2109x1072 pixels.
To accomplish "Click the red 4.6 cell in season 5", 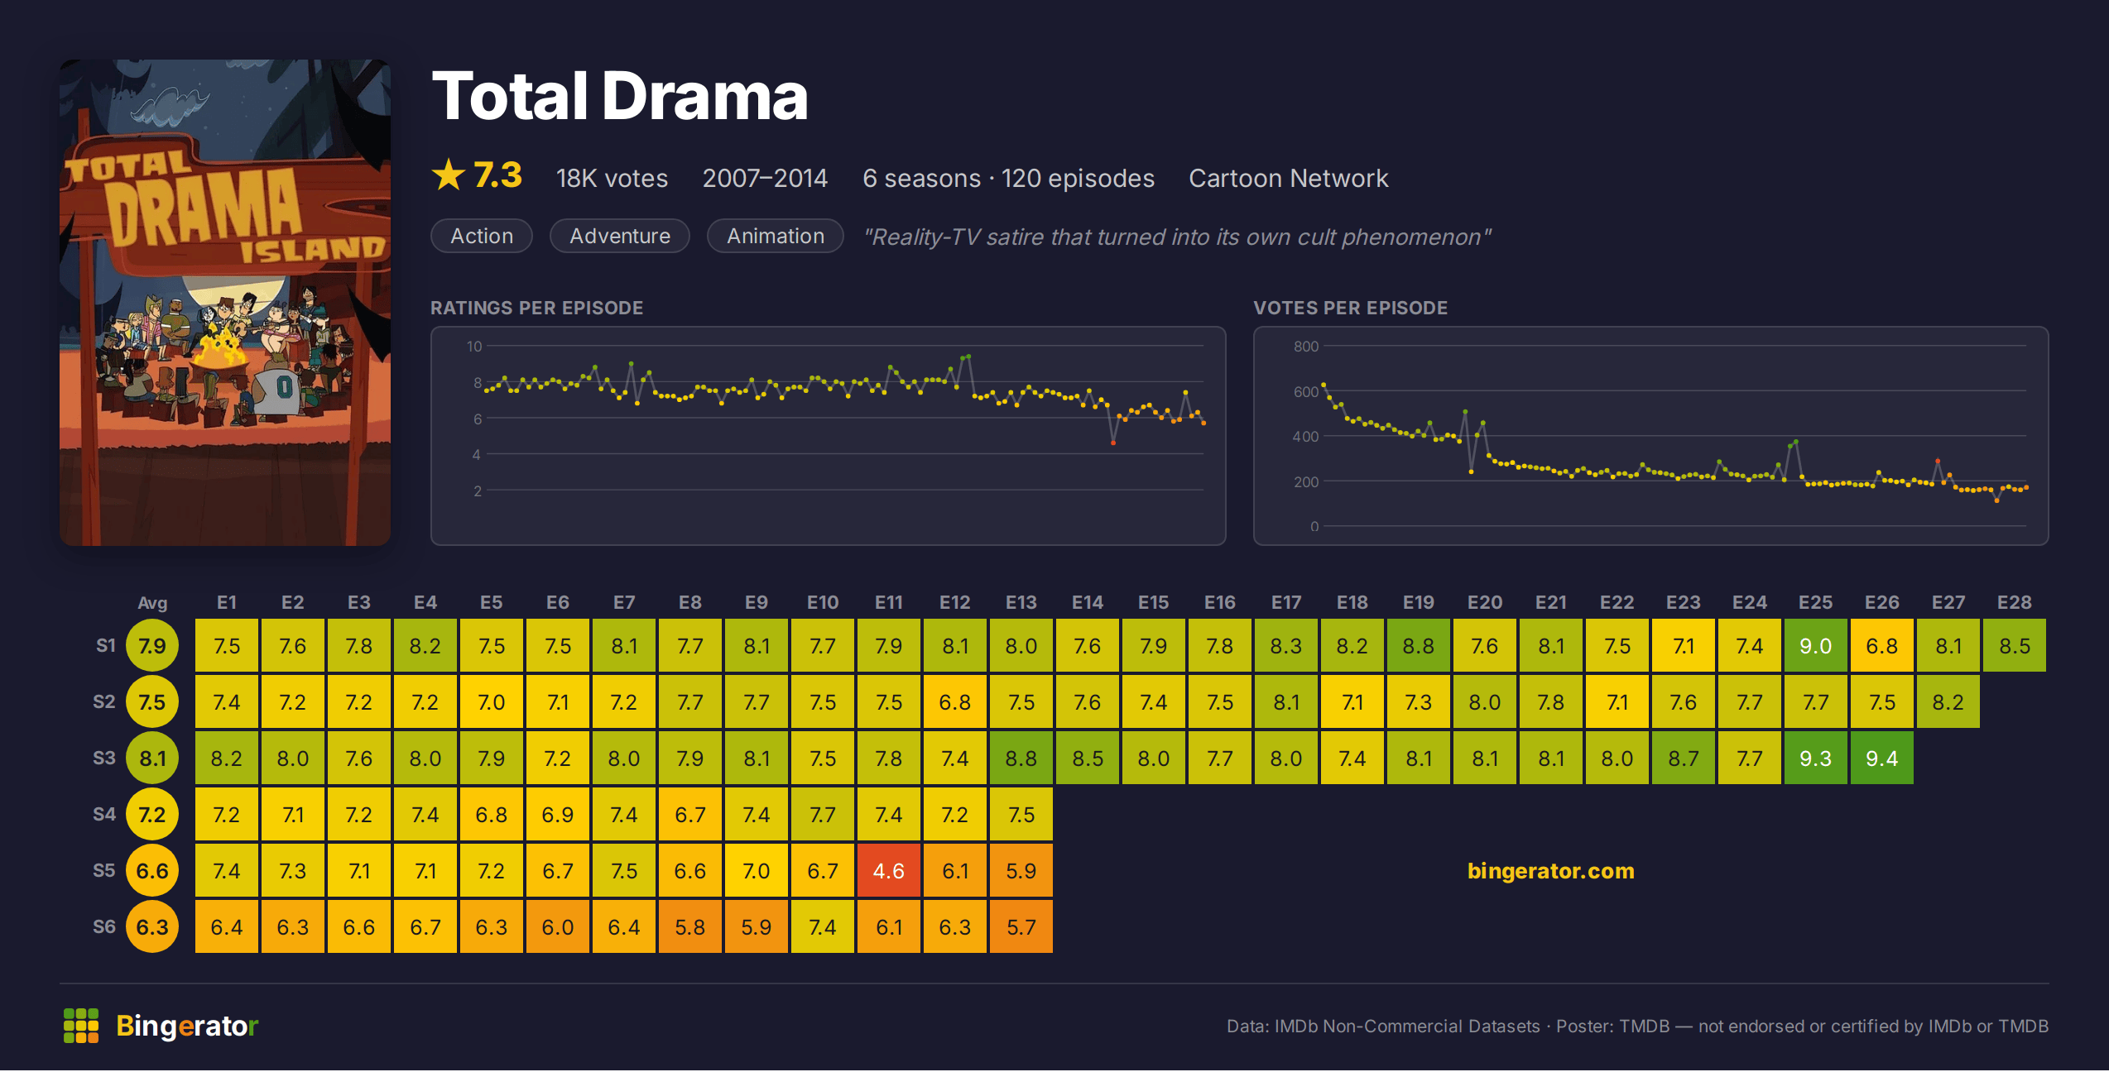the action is pyautogui.click(x=888, y=871).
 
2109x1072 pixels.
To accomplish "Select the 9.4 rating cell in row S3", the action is pyautogui.click(x=1881, y=759).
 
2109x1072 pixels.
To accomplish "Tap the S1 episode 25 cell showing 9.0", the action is pyautogui.click(x=1815, y=646).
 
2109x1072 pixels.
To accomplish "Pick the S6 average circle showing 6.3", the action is pyautogui.click(x=152, y=927).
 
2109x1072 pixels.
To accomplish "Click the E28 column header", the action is pyautogui.click(x=2014, y=603).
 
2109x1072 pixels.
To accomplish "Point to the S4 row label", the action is pyautogui.click(x=104, y=815).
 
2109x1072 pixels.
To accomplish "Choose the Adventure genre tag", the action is pyautogui.click(x=620, y=237).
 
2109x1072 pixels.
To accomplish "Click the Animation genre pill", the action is pyautogui.click(x=776, y=237).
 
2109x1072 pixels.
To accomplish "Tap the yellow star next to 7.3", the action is pyautogui.click(x=449, y=175).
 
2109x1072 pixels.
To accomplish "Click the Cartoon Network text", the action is pyautogui.click(x=1289, y=179).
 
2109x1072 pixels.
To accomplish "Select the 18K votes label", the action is pyautogui.click(x=612, y=179).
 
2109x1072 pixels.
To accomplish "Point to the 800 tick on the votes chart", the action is pyautogui.click(x=1306, y=347).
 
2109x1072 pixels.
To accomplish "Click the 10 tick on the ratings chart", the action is pyautogui.click(x=474, y=347).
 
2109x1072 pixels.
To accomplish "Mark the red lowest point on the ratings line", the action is pyautogui.click(x=1113, y=443).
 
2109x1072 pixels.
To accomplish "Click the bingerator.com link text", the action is pyautogui.click(x=1550, y=871).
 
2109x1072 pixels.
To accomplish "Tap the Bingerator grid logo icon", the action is pyautogui.click(x=81, y=1026).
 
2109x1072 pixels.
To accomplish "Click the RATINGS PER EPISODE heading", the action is pyautogui.click(x=536, y=309).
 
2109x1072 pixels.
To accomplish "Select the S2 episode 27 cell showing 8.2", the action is pyautogui.click(x=1948, y=702).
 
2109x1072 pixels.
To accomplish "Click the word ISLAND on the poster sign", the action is pyautogui.click(x=312, y=248).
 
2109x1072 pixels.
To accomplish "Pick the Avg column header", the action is pyautogui.click(x=152, y=603).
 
